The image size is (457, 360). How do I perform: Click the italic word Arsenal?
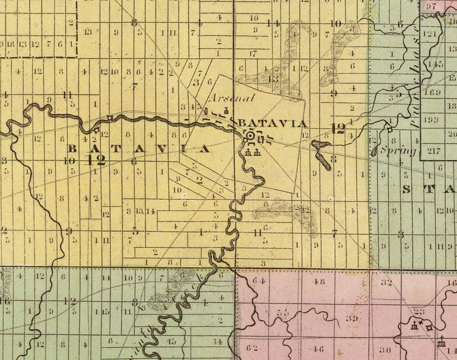[232, 98]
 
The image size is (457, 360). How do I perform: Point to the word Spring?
[398, 151]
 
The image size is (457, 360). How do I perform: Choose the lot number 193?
[431, 120]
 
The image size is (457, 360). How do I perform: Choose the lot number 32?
[387, 282]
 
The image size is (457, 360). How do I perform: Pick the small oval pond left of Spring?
[374, 152]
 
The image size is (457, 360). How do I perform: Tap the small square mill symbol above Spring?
[390, 130]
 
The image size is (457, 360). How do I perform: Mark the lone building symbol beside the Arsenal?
[226, 111]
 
